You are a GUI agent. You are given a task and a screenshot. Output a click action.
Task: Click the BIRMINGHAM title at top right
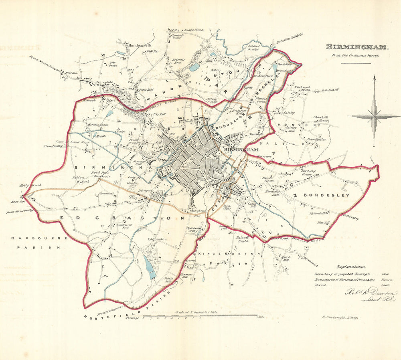[x=356, y=47]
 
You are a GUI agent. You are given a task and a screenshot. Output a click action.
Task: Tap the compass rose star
[x=374, y=116]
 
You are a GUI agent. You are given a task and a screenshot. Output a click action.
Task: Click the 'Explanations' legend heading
[x=351, y=266]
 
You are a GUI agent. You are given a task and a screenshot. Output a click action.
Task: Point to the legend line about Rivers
[x=353, y=285]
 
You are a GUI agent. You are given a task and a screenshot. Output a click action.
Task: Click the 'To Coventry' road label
[x=350, y=218]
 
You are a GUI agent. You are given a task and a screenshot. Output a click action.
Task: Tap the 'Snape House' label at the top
[x=194, y=30]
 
